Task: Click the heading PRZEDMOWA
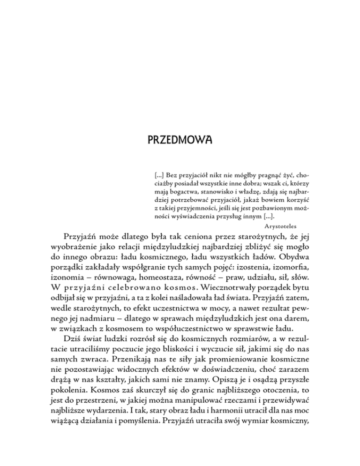[180, 140]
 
